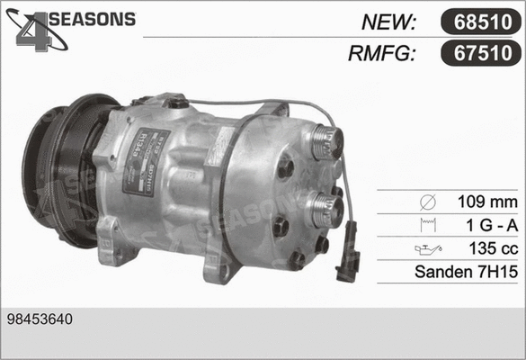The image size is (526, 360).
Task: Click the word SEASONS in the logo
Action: coord(91,19)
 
